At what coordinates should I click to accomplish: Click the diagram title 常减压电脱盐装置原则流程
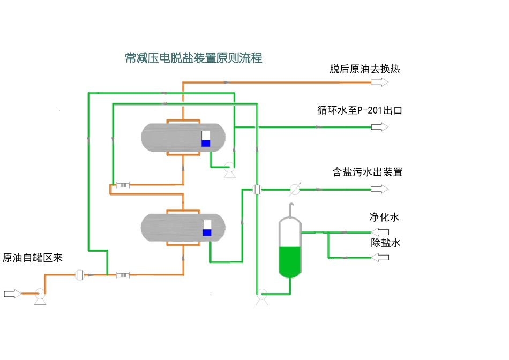pyautogui.click(x=193, y=58)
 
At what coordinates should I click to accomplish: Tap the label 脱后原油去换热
pyautogui.click(x=364, y=70)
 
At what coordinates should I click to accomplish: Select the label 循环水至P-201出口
pyautogui.click(x=360, y=111)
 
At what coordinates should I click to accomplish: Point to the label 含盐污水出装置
pyautogui.click(x=367, y=172)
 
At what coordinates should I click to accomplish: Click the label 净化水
pyautogui.click(x=384, y=217)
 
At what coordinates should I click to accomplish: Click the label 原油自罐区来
pyautogui.click(x=33, y=258)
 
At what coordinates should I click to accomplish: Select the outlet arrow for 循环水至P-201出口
pyautogui.click(x=380, y=127)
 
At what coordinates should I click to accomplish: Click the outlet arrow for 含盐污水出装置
pyautogui.click(x=380, y=189)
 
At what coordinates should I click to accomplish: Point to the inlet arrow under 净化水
pyautogui.click(x=380, y=232)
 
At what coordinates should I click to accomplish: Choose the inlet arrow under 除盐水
pyautogui.click(x=380, y=258)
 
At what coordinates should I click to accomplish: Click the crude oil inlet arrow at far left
pyautogui.click(x=12, y=294)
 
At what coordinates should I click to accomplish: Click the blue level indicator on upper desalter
pyautogui.click(x=206, y=143)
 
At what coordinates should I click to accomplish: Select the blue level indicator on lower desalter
pyautogui.click(x=207, y=232)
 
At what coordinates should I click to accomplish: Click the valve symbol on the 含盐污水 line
pyautogui.click(x=294, y=189)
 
